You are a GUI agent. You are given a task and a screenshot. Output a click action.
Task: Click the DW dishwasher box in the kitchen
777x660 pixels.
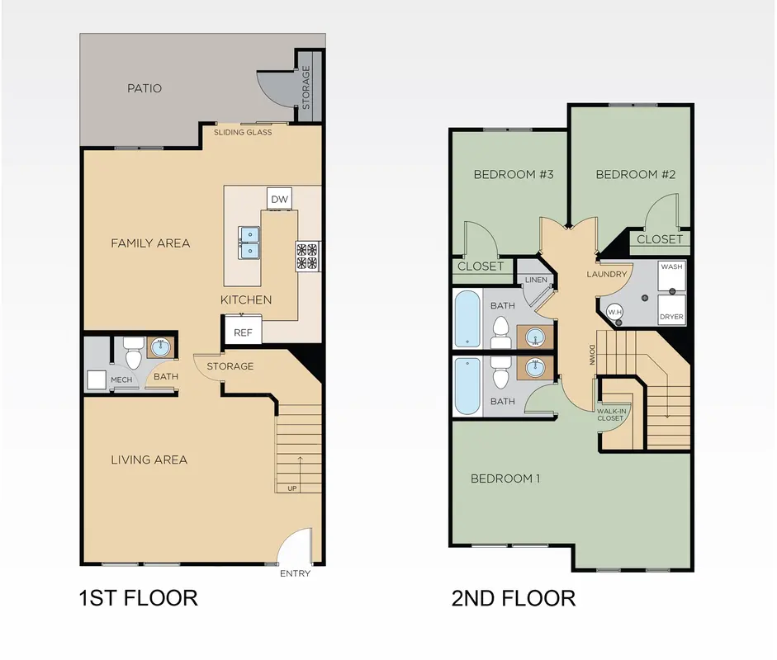279,199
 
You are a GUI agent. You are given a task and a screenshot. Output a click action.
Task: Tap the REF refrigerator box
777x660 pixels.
244,330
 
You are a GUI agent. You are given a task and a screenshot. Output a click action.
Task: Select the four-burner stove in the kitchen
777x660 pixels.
308,256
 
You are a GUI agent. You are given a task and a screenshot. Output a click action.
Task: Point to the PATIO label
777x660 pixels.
145,88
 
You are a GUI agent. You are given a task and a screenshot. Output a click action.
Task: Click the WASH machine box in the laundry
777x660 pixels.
672,276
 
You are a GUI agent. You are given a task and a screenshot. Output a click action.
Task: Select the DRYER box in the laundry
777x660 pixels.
672,310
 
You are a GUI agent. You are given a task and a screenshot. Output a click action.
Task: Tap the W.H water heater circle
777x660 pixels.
615,312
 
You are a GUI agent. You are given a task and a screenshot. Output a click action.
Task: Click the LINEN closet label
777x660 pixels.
536,280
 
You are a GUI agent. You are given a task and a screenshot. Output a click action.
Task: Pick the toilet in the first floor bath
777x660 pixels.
133,352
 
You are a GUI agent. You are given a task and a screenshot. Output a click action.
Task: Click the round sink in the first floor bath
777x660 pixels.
160,347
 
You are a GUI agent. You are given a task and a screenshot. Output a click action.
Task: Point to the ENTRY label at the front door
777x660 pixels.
295,573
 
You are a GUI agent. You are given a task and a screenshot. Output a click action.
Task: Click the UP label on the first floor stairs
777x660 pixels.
292,488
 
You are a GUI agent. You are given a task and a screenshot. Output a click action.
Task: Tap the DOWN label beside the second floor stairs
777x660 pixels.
592,355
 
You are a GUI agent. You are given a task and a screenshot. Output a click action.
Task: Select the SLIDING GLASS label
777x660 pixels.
243,132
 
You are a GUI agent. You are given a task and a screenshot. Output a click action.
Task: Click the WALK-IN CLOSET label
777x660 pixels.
612,414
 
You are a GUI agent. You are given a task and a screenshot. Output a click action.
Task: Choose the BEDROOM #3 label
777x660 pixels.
514,174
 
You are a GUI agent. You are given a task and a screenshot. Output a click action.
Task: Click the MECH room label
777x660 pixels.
121,379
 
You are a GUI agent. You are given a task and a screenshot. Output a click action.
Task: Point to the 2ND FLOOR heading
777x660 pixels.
514,598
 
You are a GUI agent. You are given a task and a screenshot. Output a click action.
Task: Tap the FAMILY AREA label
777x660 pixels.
150,243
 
